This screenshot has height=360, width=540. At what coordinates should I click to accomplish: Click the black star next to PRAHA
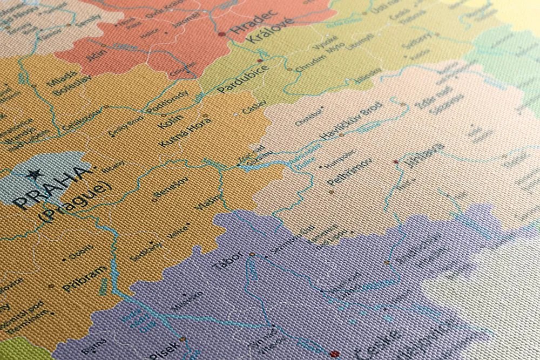click(33, 174)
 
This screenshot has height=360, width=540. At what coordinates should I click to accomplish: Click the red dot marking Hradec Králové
click(222, 34)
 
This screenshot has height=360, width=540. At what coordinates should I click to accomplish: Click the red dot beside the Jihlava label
click(396, 161)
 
